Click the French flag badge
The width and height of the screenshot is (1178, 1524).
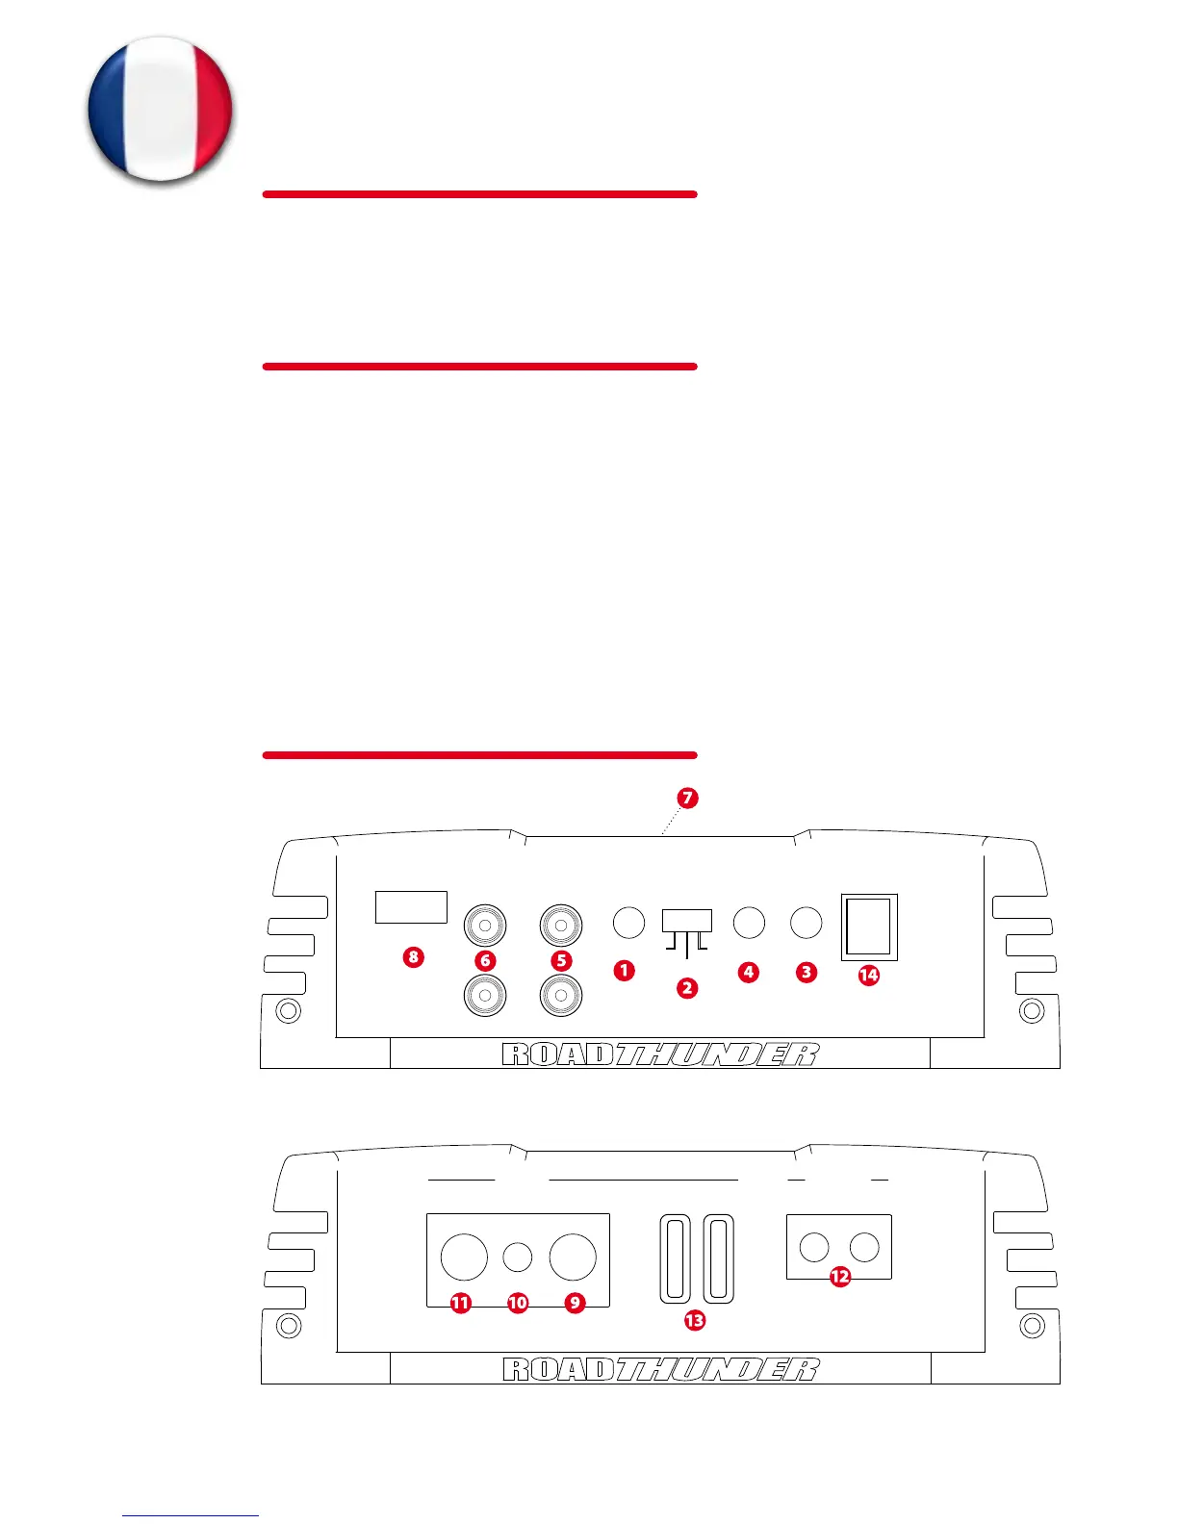[x=160, y=109]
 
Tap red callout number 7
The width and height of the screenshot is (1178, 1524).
[x=687, y=798]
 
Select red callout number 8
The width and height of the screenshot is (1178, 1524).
[x=413, y=956]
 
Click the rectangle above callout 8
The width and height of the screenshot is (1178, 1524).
[x=411, y=907]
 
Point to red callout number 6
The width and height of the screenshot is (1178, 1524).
[x=485, y=960]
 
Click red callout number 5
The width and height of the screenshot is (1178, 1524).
[x=562, y=960]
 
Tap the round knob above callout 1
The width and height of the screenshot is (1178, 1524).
[x=628, y=923]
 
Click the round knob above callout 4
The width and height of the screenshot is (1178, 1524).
[x=749, y=923]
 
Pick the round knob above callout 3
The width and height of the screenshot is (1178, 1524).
[x=807, y=923]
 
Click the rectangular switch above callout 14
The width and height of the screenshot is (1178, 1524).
[x=869, y=927]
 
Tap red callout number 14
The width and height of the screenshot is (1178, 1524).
[x=868, y=975]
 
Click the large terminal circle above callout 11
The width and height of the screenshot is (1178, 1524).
[x=464, y=1257]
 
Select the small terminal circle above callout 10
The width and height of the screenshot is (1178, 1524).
[x=518, y=1257]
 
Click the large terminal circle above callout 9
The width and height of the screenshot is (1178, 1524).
[x=573, y=1257]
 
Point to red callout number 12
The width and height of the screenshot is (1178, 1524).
[x=840, y=1277]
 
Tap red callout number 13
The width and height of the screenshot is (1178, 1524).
[x=694, y=1320]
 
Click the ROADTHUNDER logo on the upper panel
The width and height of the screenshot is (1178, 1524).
[x=660, y=1054]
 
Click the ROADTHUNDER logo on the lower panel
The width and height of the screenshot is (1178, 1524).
[x=660, y=1369]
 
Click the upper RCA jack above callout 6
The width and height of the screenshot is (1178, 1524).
[x=485, y=926]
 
